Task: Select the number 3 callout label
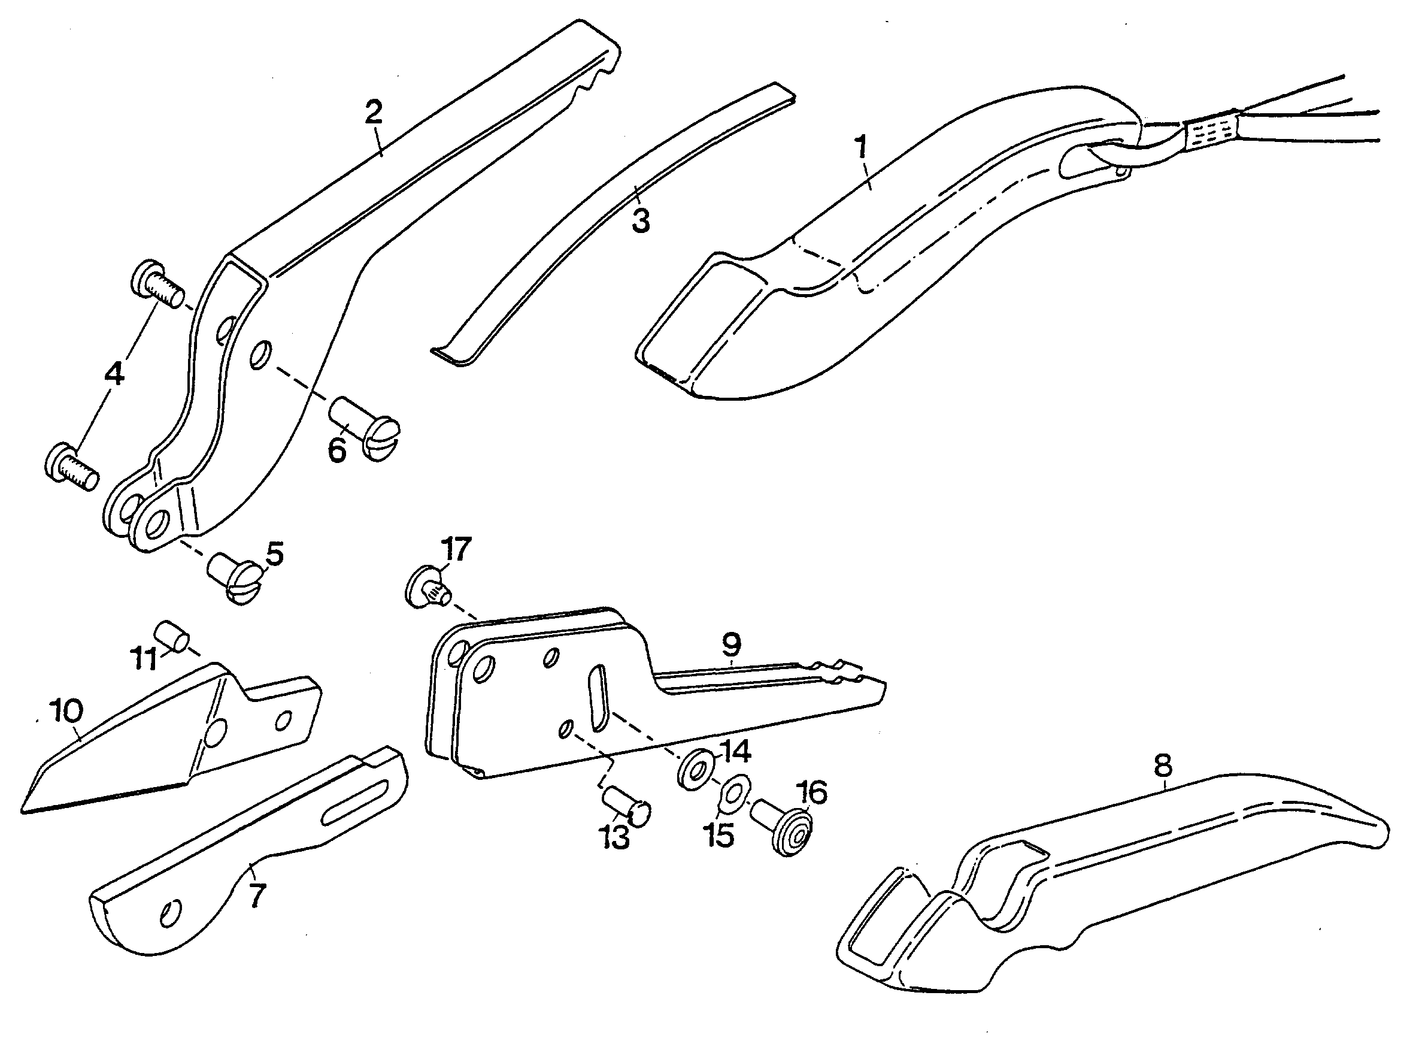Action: (641, 220)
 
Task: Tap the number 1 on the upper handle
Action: (861, 147)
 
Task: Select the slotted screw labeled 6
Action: (365, 428)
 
